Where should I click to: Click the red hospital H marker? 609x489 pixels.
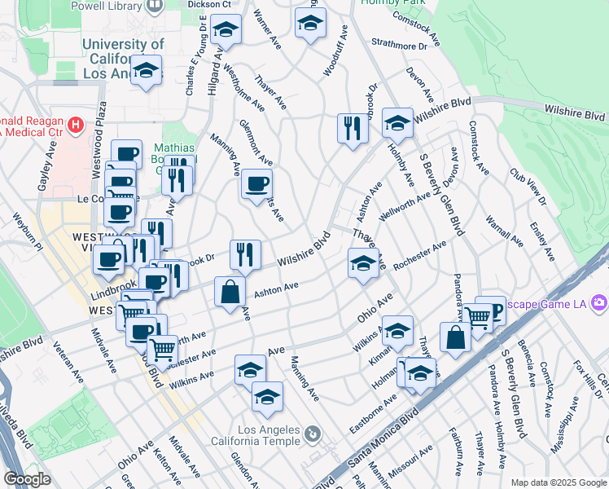tap(76, 125)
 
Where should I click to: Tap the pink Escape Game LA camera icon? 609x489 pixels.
tap(599, 303)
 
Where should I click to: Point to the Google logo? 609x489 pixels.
tap(27, 479)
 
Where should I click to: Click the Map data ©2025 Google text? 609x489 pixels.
tap(559, 482)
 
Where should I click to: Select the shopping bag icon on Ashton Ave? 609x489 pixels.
tap(231, 291)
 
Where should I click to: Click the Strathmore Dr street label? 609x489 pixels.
tap(399, 46)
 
